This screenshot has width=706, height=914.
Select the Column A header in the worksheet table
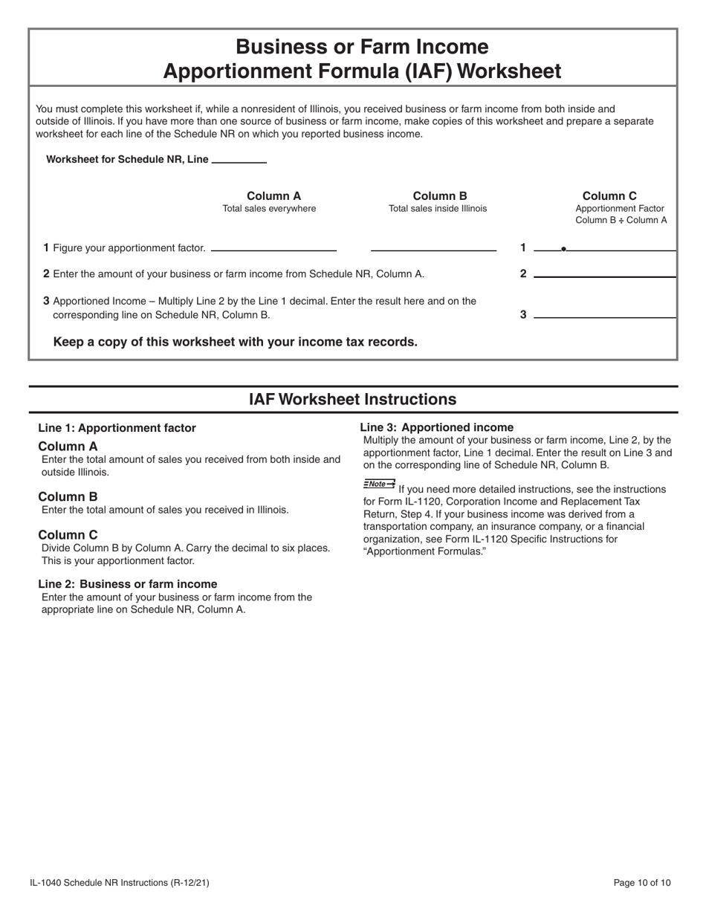(273, 196)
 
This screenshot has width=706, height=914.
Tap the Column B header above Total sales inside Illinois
(439, 196)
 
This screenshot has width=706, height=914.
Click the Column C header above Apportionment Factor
(609, 196)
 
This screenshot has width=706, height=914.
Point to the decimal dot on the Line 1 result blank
(563, 249)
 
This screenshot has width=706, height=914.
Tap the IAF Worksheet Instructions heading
(352, 400)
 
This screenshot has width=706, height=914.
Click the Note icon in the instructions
(379, 484)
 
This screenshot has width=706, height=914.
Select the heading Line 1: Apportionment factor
(117, 428)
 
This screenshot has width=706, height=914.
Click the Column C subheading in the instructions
(68, 535)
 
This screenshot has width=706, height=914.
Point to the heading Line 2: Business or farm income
(128, 584)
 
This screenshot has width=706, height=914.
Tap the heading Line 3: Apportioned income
(436, 427)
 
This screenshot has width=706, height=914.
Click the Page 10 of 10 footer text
(641, 883)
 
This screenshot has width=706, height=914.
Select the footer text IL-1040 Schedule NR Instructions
(119, 883)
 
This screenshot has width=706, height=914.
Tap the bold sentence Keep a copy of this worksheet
(235, 342)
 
